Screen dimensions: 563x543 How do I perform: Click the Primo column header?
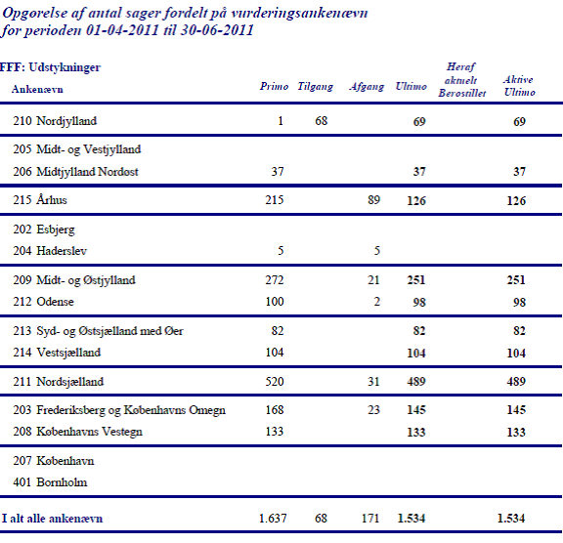tap(274, 87)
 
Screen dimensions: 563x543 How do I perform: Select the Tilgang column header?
tap(316, 87)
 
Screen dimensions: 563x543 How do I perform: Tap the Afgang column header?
tap(367, 87)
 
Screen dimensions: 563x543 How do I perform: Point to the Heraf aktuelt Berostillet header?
tap(461, 80)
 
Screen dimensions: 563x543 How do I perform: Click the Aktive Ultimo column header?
tap(519, 86)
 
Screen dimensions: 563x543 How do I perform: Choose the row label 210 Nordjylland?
tap(55, 121)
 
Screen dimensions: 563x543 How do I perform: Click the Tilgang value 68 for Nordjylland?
tap(322, 121)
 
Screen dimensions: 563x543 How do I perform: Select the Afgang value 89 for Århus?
tap(373, 200)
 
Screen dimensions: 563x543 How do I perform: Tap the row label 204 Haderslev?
tap(50, 251)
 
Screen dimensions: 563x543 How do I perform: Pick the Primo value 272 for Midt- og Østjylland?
tap(275, 280)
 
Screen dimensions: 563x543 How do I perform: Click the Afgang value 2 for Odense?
tap(376, 302)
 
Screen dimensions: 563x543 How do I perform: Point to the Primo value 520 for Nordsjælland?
tap(275, 382)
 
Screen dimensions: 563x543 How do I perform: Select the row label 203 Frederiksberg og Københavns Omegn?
tap(119, 410)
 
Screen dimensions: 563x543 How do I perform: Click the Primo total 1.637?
tap(273, 519)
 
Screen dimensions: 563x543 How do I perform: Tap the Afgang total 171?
tap(370, 519)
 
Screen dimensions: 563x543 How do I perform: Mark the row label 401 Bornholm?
tap(50, 482)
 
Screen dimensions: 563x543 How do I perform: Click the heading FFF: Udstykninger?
tap(50, 67)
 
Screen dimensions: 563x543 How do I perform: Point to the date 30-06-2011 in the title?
tap(217, 30)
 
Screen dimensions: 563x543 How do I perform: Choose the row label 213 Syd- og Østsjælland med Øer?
tap(98, 331)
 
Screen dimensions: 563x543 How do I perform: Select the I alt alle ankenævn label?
tap(53, 519)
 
